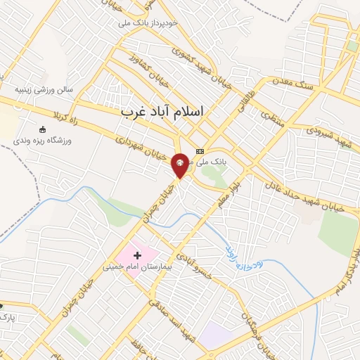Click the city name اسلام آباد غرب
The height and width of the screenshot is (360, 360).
point(161,112)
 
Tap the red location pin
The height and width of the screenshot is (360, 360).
point(180,166)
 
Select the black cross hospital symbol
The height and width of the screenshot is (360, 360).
point(137,254)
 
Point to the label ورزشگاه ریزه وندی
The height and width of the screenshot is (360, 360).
point(42,141)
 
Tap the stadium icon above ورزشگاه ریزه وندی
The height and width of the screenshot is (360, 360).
point(42,129)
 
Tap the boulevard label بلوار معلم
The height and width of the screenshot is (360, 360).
point(226,190)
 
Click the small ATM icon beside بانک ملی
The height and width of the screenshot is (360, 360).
point(200,150)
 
